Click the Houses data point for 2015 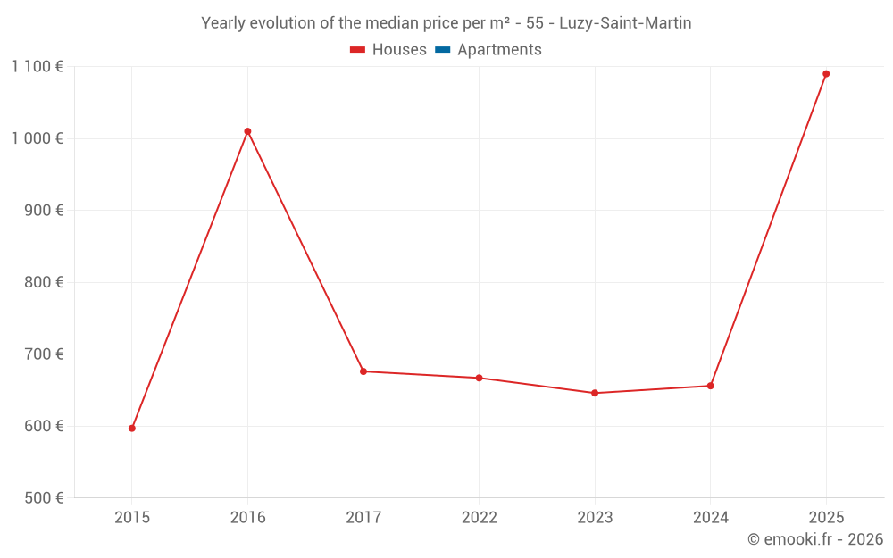[132, 429]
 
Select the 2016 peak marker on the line [247, 131]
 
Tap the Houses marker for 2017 [363, 371]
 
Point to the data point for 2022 [479, 378]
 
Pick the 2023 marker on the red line [595, 393]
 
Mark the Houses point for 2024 [710, 386]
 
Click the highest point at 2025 [826, 74]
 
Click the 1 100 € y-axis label [37, 66]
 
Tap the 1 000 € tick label [37, 138]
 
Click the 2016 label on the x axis [247, 517]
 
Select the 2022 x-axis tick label [479, 517]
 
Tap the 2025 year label [826, 517]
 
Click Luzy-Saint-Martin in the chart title [625, 23]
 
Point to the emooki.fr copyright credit [815, 539]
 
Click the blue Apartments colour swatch [442, 50]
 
